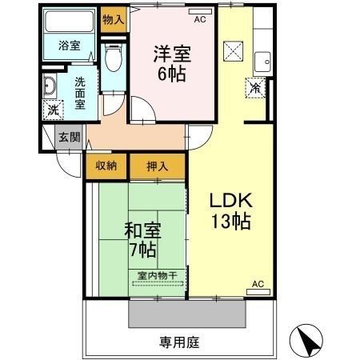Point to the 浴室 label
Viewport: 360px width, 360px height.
pos(70,46)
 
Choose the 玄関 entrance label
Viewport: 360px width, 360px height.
pos(69,137)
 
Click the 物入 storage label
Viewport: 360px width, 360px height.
pos(113,18)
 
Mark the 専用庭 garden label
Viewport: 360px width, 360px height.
pos(178,342)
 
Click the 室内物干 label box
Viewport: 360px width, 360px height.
pos(157,276)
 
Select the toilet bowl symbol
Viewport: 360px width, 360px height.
pos(113,57)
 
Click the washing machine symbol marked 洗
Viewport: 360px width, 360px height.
pos(52,110)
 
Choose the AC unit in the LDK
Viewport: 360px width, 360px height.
pos(258,290)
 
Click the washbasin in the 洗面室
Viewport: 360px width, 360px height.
pos(50,86)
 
